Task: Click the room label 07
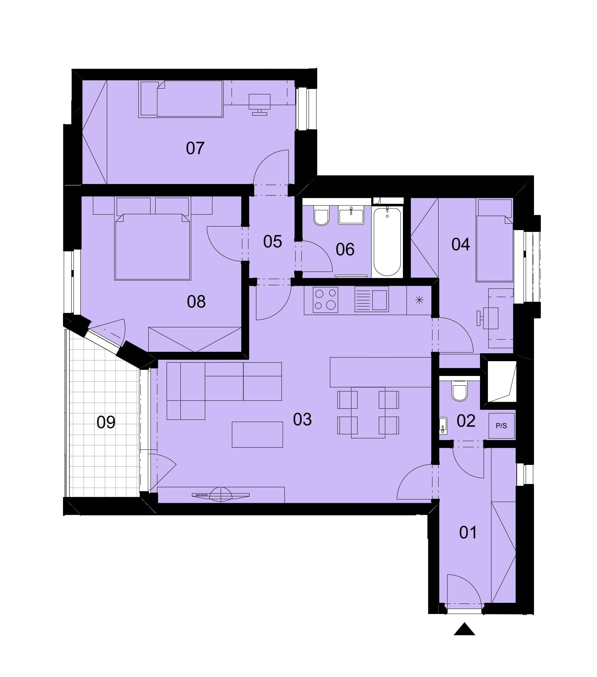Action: pos(195,148)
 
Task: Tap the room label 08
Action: pos(196,301)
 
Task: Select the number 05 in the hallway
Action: pos(273,241)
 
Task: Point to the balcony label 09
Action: pos(106,422)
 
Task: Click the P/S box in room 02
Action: pos(501,426)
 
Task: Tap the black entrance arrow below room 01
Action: pos(464,629)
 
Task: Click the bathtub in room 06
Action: pos(387,242)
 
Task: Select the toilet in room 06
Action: pos(321,216)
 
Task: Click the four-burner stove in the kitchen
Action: pos(326,300)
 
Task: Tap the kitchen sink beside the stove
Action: pos(372,299)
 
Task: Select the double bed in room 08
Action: pos(152,247)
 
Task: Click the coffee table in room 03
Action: pos(257,435)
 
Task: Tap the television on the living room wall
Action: pos(221,495)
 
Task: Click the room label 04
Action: pos(461,245)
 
